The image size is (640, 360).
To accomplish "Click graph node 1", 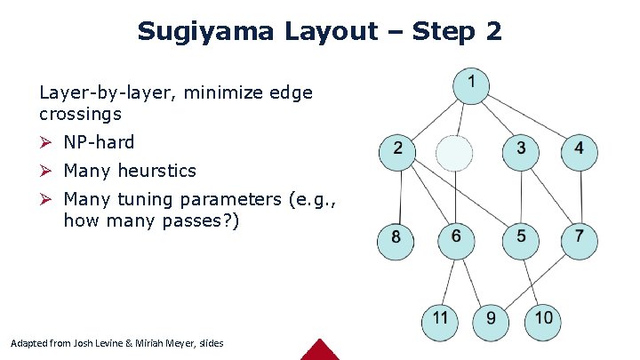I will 470,84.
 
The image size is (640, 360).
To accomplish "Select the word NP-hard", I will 99,142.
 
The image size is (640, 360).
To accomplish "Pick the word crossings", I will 80,114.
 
